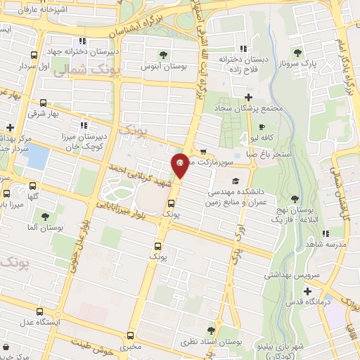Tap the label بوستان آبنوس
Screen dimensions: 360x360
(163, 66)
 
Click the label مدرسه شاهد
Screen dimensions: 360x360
(320, 243)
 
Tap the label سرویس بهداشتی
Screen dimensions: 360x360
(288, 275)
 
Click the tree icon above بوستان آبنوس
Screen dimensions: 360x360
(163, 54)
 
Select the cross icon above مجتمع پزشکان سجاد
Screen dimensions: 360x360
(247, 96)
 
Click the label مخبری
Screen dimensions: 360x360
(131, 347)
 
